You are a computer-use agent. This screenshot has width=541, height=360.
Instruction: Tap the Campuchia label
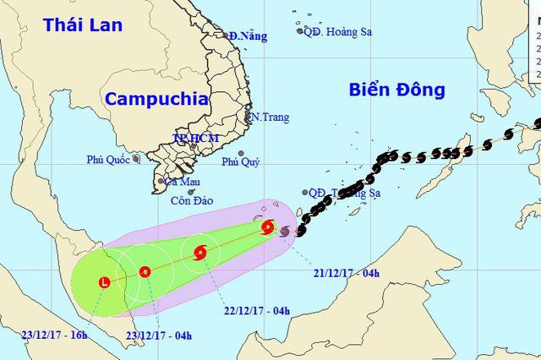click(x=156, y=98)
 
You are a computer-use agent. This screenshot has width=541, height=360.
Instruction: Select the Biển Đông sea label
click(x=396, y=90)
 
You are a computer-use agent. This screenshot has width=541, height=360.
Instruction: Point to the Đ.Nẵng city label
click(x=246, y=35)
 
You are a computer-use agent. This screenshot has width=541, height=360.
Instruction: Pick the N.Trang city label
click(x=270, y=117)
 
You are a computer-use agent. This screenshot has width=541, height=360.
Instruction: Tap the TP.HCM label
click(x=195, y=138)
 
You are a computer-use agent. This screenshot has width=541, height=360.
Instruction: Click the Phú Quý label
click(x=241, y=161)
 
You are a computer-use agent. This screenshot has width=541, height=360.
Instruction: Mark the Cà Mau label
click(x=183, y=181)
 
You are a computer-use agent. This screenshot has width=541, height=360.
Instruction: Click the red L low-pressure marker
click(x=104, y=281)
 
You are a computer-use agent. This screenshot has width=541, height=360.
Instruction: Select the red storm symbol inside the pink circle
click(x=268, y=226)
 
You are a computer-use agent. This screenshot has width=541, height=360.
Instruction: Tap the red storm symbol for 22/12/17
click(x=200, y=252)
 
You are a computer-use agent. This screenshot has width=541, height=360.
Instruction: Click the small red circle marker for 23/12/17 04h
click(x=145, y=271)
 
